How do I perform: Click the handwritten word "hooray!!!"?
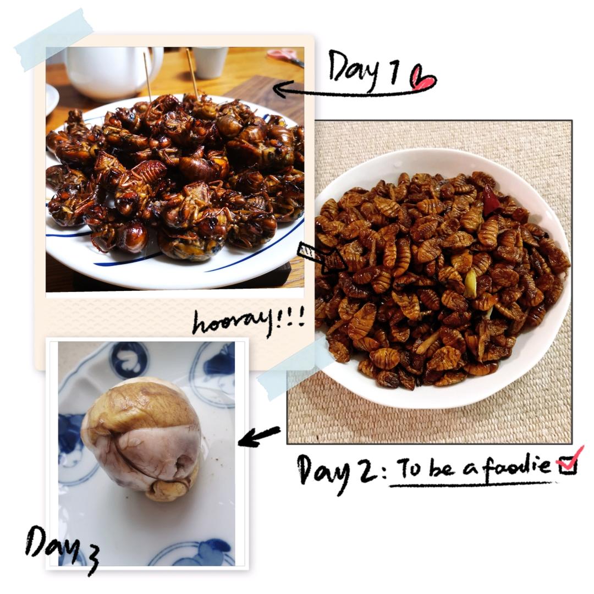coord(249,322)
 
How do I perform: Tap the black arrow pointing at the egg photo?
coord(260,436)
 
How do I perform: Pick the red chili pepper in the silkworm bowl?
coord(491,200)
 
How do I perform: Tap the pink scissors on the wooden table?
coord(285,56)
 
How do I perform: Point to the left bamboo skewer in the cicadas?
coord(148,77)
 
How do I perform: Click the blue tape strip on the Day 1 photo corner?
coord(53,40)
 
